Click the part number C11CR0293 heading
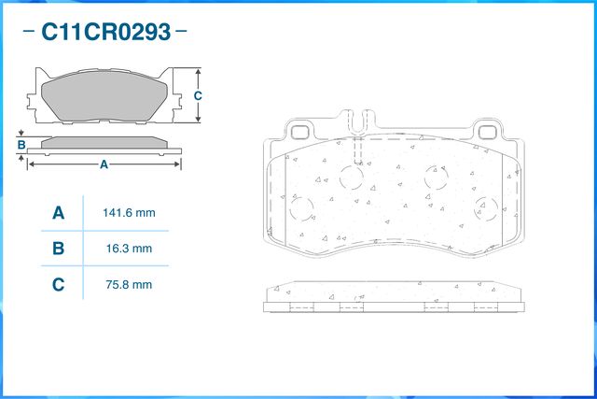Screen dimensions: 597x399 click(105, 32)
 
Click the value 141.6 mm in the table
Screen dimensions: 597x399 click(129, 213)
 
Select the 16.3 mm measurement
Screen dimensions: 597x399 click(129, 249)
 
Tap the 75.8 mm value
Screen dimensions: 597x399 click(129, 285)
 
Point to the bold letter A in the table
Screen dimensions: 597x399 click(58, 213)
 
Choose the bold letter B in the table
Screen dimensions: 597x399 click(58, 249)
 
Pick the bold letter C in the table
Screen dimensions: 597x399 click(58, 285)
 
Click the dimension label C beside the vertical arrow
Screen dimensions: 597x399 click(198, 95)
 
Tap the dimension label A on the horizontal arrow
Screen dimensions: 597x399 click(104, 164)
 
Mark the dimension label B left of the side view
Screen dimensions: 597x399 click(21, 145)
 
